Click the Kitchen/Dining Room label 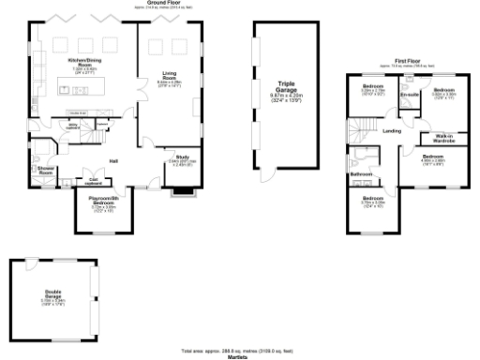click(x=84, y=61)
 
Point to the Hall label click(x=112, y=159)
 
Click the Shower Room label click(x=45, y=172)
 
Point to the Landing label click(x=393, y=131)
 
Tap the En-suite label click(x=408, y=95)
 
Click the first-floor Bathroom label click(x=362, y=174)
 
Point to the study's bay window click(x=180, y=195)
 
